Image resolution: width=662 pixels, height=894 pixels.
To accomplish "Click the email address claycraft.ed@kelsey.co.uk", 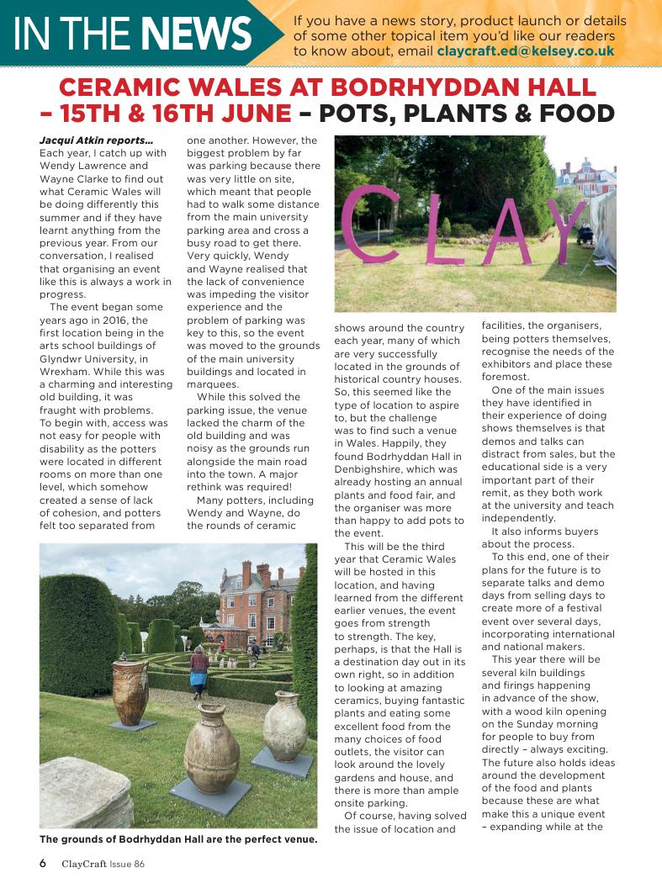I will pos(526,51).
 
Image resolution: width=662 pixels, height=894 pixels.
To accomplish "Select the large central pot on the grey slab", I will pos(211,751).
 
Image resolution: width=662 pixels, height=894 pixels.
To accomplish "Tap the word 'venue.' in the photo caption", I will pos(296,838).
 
